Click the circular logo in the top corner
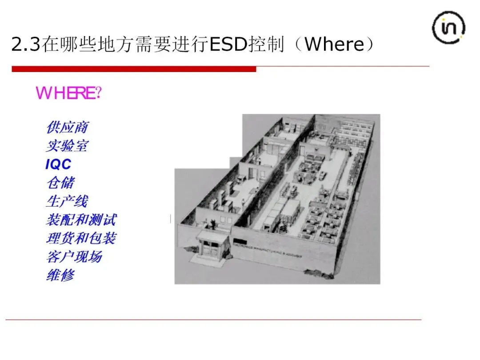click(448, 28)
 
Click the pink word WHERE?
click(69, 93)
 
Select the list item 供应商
click(67, 128)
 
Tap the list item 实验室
click(67, 146)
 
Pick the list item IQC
click(58, 164)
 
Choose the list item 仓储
click(60, 183)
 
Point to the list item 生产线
click(67, 201)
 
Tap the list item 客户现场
click(74, 257)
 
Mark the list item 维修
click(60, 276)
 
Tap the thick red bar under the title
click(134, 69)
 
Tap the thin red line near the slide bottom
click(213, 320)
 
